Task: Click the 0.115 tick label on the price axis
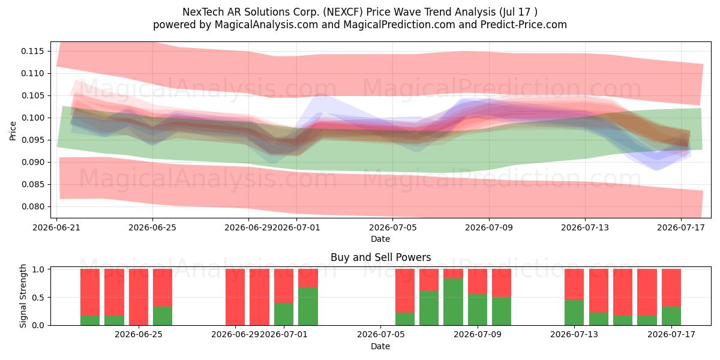click(32, 51)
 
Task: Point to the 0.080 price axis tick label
click(32, 206)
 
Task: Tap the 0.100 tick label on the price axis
click(32, 118)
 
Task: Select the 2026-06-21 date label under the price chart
click(56, 227)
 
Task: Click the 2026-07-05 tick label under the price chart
click(393, 227)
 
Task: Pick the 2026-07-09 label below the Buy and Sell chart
click(478, 334)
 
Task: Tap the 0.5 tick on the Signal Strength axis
click(38, 298)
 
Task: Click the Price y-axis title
click(13, 131)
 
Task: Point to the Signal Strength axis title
click(23, 296)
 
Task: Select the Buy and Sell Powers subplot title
click(380, 257)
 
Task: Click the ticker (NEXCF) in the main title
click(343, 12)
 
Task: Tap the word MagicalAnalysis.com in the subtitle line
click(266, 25)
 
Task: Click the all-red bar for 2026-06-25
click(139, 297)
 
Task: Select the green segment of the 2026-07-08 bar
click(453, 302)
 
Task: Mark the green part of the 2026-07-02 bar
click(308, 307)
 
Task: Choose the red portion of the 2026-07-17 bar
click(671, 287)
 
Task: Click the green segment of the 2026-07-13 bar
click(574, 313)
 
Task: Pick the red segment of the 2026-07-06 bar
click(404, 290)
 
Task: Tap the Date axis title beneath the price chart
click(380, 239)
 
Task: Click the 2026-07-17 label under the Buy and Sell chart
click(671, 334)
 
